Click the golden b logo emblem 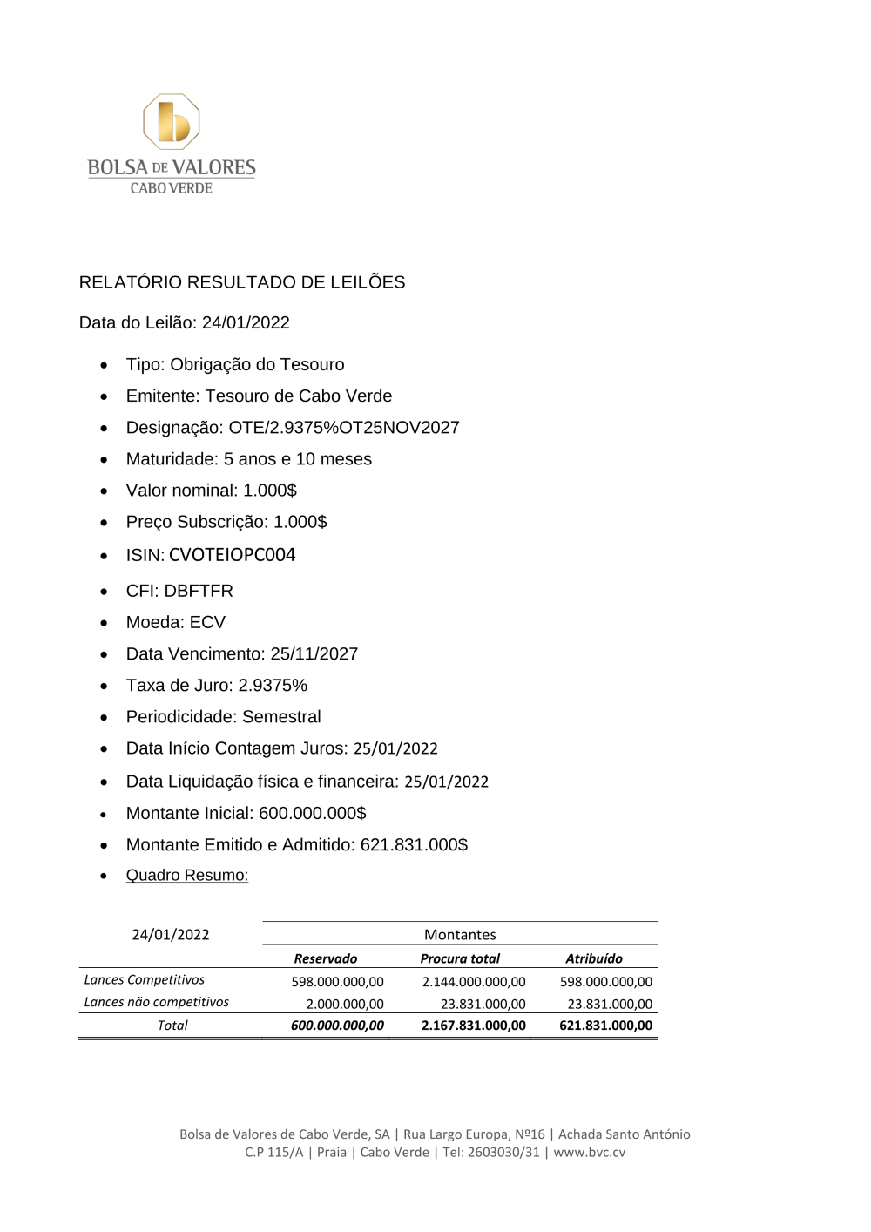172,122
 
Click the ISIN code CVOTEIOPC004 232,555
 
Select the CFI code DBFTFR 199,591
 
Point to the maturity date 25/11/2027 314,653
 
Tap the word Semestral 281,716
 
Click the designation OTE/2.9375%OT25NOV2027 344,427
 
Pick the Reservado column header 325,958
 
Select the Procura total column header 460,958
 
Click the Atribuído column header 594,958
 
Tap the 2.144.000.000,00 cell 474,982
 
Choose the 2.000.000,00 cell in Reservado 345,1005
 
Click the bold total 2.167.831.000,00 474,1026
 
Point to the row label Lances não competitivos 156,1002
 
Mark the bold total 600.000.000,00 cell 337,1026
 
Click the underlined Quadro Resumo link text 187,875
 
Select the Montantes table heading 460,935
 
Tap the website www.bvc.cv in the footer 590,1152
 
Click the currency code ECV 207,622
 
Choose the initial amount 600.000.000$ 312,813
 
